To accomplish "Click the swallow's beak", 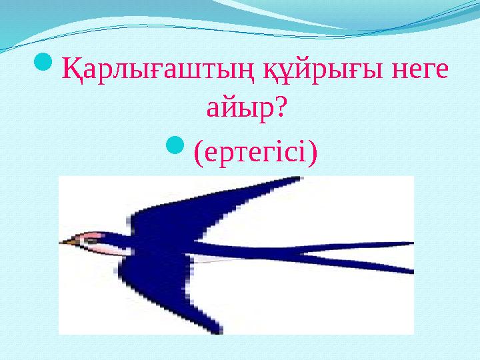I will [65, 242].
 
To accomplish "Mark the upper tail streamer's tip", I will [410, 248].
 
